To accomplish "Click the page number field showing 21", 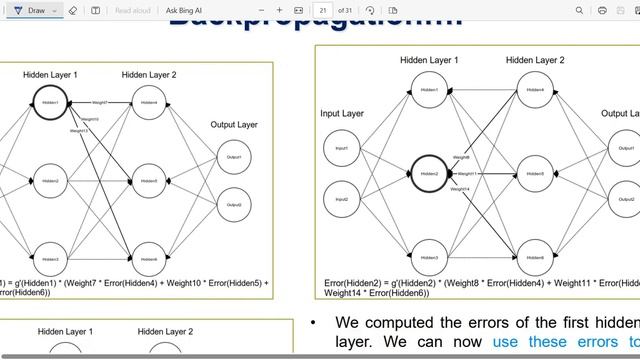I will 322,10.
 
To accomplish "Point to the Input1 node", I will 342,149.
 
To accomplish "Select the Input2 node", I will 342,198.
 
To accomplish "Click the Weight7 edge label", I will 100,102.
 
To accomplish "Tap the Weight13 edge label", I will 79,131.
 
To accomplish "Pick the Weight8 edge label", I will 461,157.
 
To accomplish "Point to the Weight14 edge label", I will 461,189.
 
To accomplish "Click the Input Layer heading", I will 342,114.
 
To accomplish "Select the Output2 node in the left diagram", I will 234,205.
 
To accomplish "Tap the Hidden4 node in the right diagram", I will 535,90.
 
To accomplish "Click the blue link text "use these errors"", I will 560,341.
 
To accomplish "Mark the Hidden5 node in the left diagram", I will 149,181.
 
